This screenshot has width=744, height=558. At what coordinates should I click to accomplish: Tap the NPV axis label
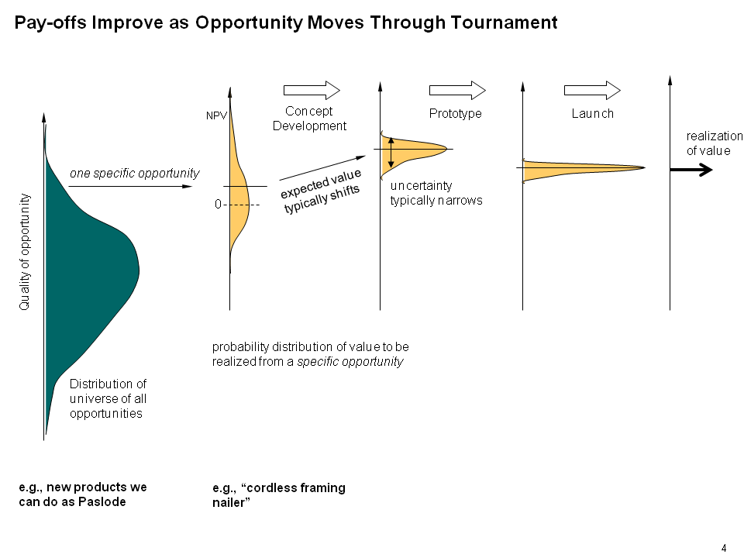[x=216, y=115]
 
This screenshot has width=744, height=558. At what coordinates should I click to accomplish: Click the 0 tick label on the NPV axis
[x=218, y=205]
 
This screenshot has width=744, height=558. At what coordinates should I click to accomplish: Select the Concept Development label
[x=309, y=119]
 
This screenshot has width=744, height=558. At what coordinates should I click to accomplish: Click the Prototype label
[x=455, y=114]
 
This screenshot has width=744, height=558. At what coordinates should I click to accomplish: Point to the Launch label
[x=592, y=114]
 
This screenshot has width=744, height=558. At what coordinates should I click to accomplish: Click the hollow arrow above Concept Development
[x=312, y=90]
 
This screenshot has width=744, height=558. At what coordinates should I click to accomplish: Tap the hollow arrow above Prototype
[x=457, y=90]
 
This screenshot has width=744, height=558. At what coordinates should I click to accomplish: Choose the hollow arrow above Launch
[x=592, y=90]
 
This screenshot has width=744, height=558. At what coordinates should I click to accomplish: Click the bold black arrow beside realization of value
[x=691, y=170]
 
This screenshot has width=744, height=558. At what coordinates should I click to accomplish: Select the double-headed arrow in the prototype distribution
[x=391, y=153]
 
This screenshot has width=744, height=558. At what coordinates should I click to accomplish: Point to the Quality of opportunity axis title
[x=24, y=252]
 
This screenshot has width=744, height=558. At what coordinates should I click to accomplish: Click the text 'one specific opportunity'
[x=135, y=173]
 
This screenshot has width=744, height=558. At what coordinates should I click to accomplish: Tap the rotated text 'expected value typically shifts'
[x=321, y=191]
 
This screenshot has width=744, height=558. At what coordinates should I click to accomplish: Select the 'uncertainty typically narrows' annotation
[x=436, y=193]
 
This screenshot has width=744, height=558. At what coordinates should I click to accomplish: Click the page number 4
[x=724, y=548]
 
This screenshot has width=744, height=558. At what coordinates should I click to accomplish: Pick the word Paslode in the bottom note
[x=102, y=502]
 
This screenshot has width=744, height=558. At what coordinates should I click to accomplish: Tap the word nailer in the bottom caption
[x=231, y=502]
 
